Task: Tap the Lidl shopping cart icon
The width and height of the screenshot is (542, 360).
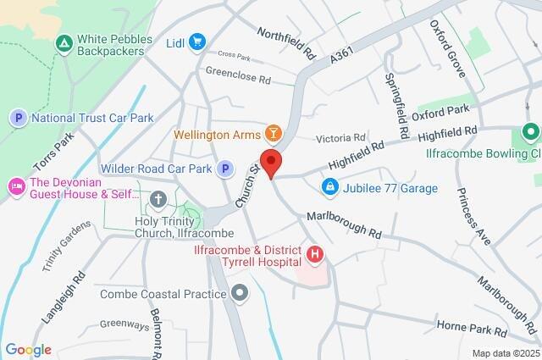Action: point(197,42)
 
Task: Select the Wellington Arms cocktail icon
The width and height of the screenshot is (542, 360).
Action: point(273,134)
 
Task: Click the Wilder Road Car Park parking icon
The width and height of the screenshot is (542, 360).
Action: point(224,169)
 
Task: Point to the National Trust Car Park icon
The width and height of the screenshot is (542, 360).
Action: point(19,118)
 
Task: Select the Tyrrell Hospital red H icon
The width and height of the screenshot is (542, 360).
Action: point(315,253)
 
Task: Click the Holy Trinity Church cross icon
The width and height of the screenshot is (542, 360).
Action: point(158,200)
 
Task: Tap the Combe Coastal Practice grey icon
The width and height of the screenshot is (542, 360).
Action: point(241,293)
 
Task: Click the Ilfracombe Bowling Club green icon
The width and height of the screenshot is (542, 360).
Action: point(530,133)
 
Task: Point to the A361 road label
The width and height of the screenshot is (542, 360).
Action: point(341,54)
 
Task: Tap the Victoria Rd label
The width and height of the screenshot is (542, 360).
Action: point(340,137)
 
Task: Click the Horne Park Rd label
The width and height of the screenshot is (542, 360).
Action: point(471,327)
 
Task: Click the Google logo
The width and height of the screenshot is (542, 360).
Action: point(28,350)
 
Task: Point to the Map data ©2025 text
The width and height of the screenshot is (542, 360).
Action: point(505,353)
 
